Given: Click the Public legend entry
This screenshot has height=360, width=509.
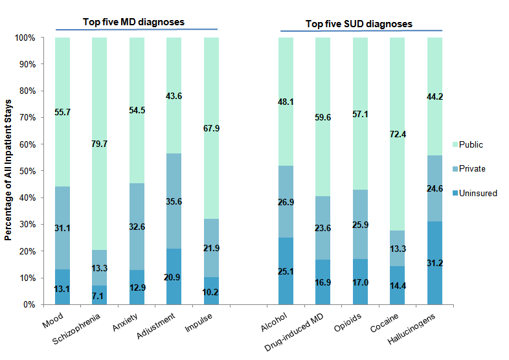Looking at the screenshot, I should [471, 144].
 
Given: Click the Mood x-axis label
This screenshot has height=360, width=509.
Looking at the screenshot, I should [52, 321].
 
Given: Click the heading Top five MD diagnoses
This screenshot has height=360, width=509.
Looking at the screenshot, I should [133, 22].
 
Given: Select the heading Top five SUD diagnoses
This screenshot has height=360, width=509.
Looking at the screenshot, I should [359, 24].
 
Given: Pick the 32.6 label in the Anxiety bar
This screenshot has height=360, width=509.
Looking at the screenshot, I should [137, 227].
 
